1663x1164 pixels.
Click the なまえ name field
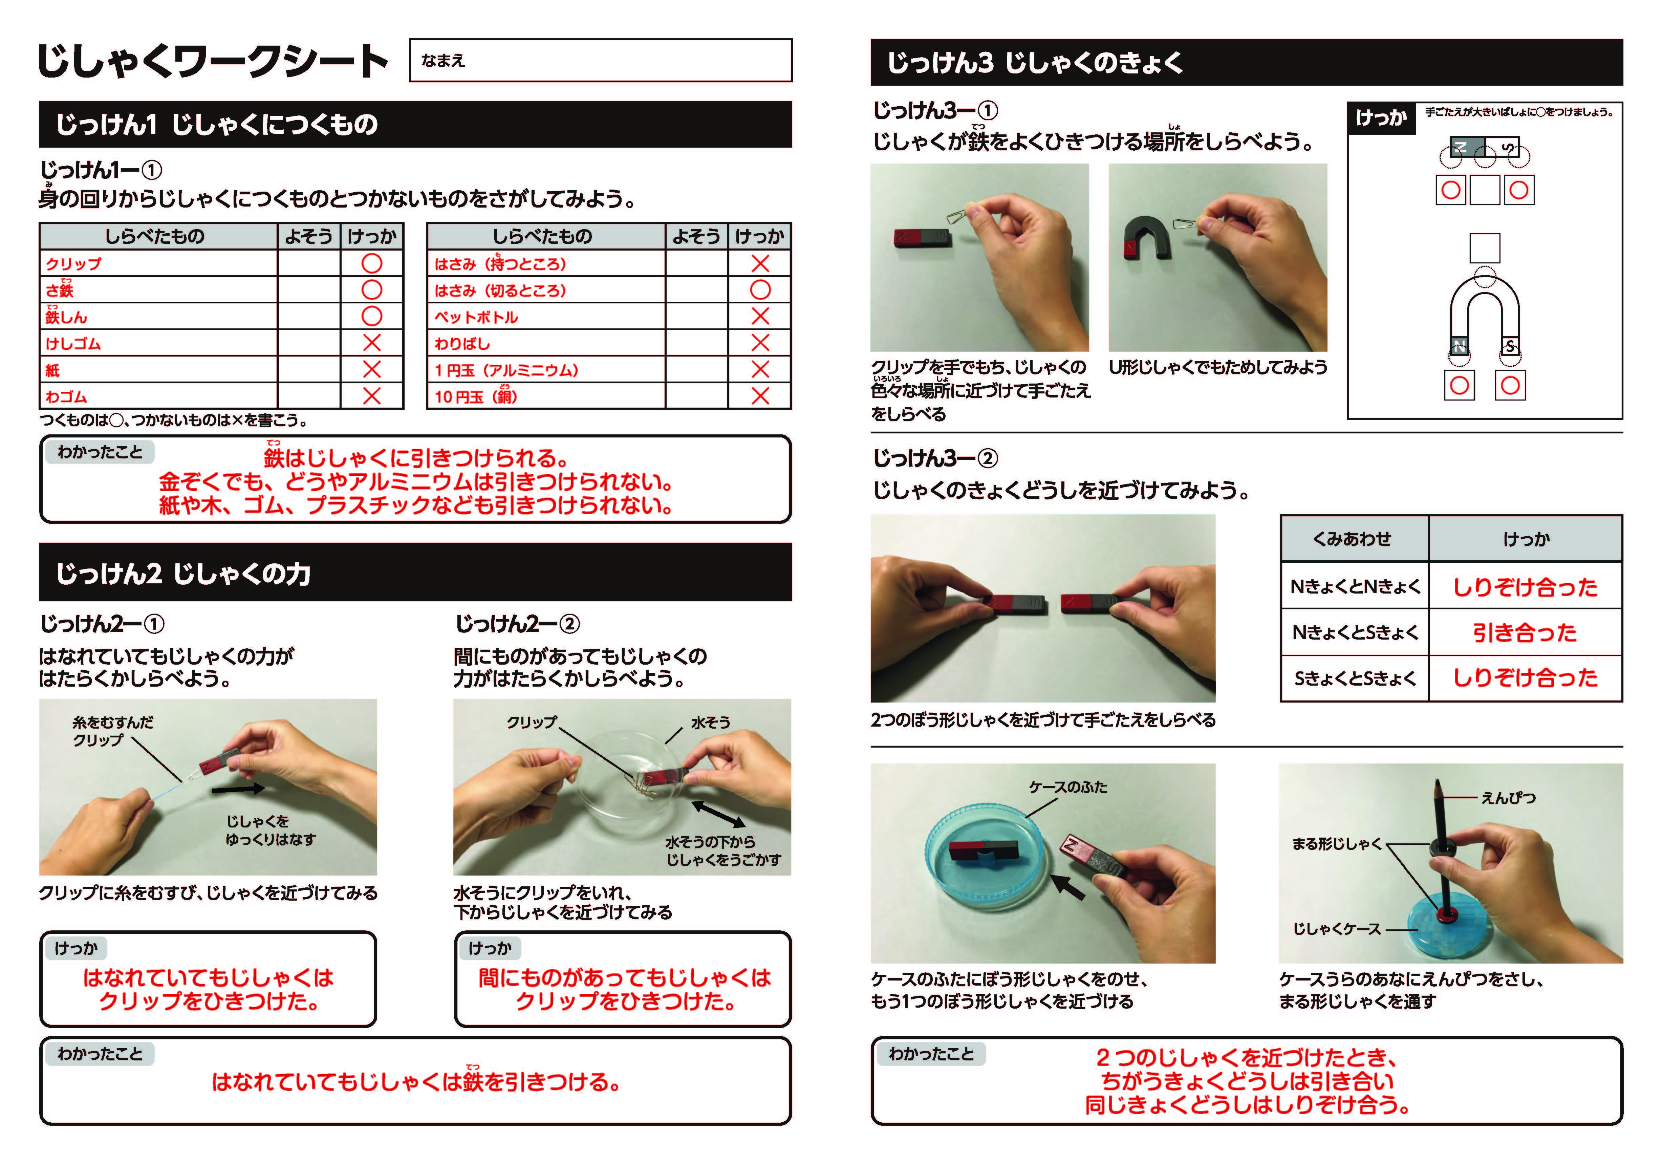601,60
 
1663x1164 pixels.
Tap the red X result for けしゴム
371,343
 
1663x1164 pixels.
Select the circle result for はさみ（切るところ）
760,290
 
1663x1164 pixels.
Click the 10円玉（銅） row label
476,395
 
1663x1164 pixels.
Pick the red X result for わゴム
371,395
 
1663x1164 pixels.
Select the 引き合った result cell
1525,632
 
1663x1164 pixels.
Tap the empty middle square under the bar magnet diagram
1485,190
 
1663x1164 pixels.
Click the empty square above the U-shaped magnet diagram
1485,248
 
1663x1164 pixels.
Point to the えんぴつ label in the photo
1508,797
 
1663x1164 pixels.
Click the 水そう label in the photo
711,722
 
